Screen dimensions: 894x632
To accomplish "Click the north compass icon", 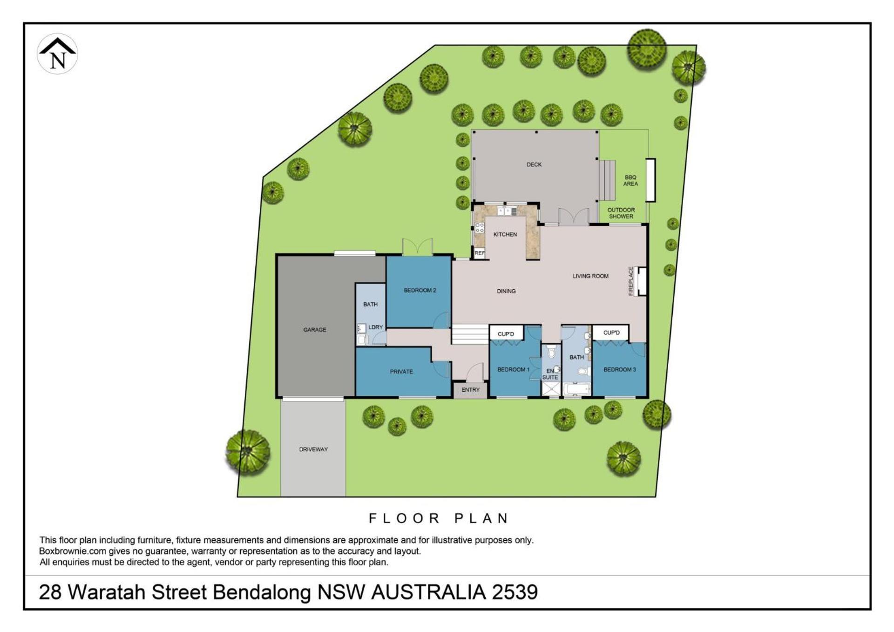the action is click(57, 54).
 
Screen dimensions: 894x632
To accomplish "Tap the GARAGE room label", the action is click(315, 330).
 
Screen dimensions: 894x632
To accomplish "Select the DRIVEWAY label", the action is click(313, 449).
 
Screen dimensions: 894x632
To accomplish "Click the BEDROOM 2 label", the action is click(420, 290).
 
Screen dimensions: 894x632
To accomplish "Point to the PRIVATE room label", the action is click(401, 372).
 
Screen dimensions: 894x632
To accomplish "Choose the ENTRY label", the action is click(471, 390).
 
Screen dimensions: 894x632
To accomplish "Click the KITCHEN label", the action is click(505, 234).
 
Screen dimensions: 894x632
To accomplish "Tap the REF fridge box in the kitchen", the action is click(480, 253).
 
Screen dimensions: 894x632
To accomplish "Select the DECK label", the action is click(534, 164).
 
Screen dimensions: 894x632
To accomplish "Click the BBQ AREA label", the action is click(630, 181).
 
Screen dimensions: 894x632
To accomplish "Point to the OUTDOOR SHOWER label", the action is click(621, 213).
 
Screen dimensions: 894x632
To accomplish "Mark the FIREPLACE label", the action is click(631, 281).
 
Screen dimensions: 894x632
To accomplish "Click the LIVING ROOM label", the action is click(590, 276).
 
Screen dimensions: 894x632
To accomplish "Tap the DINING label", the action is click(506, 291).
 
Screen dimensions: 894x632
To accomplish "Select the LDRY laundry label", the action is click(375, 327).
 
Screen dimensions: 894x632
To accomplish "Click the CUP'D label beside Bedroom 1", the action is click(506, 334).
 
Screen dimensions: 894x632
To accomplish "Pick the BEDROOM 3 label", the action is click(620, 369).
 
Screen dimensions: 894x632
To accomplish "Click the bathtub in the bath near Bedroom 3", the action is click(576, 389).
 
